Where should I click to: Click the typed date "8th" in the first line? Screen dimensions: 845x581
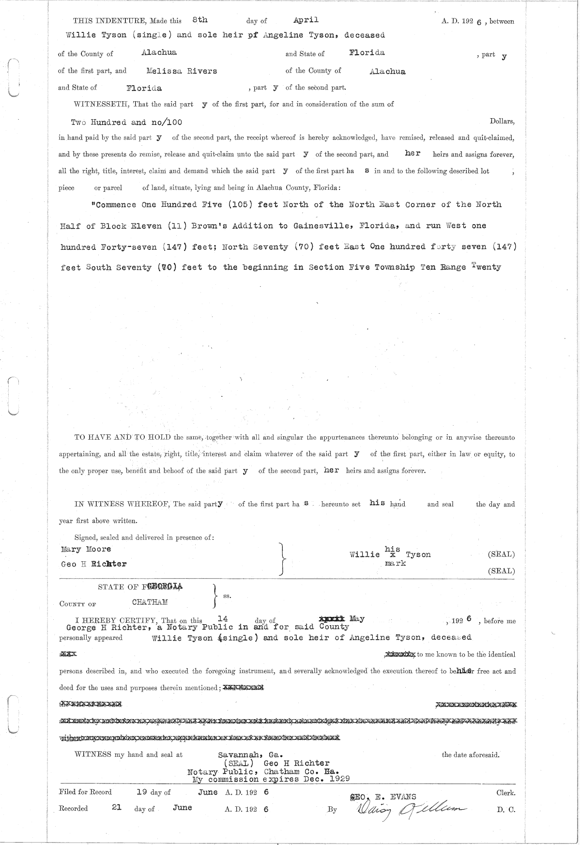[x=199, y=20]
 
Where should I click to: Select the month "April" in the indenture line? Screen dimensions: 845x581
[x=306, y=20]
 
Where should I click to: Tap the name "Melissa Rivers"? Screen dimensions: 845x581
[x=182, y=71]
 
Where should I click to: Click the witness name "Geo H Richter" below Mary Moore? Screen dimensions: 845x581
[x=94, y=564]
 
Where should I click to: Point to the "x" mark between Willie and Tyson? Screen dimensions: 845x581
[x=393, y=555]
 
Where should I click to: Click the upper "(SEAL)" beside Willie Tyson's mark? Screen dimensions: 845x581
[x=501, y=554]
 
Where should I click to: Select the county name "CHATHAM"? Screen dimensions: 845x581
[x=150, y=602]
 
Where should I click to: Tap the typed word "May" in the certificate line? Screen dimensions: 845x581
[x=357, y=619]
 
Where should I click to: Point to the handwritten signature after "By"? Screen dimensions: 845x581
[x=407, y=809]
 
